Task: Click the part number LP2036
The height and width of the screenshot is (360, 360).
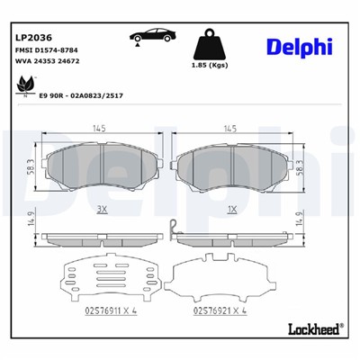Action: click(x=32, y=38)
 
